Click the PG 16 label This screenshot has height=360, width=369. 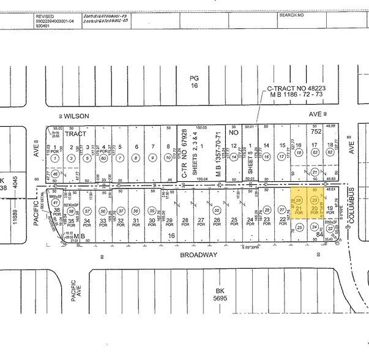pos(195,81)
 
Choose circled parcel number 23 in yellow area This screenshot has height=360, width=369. pos(315,200)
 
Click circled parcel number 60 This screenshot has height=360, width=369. pos(103,159)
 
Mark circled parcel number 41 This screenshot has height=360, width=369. pos(55,202)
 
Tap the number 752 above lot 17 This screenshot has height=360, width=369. pos(316,131)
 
